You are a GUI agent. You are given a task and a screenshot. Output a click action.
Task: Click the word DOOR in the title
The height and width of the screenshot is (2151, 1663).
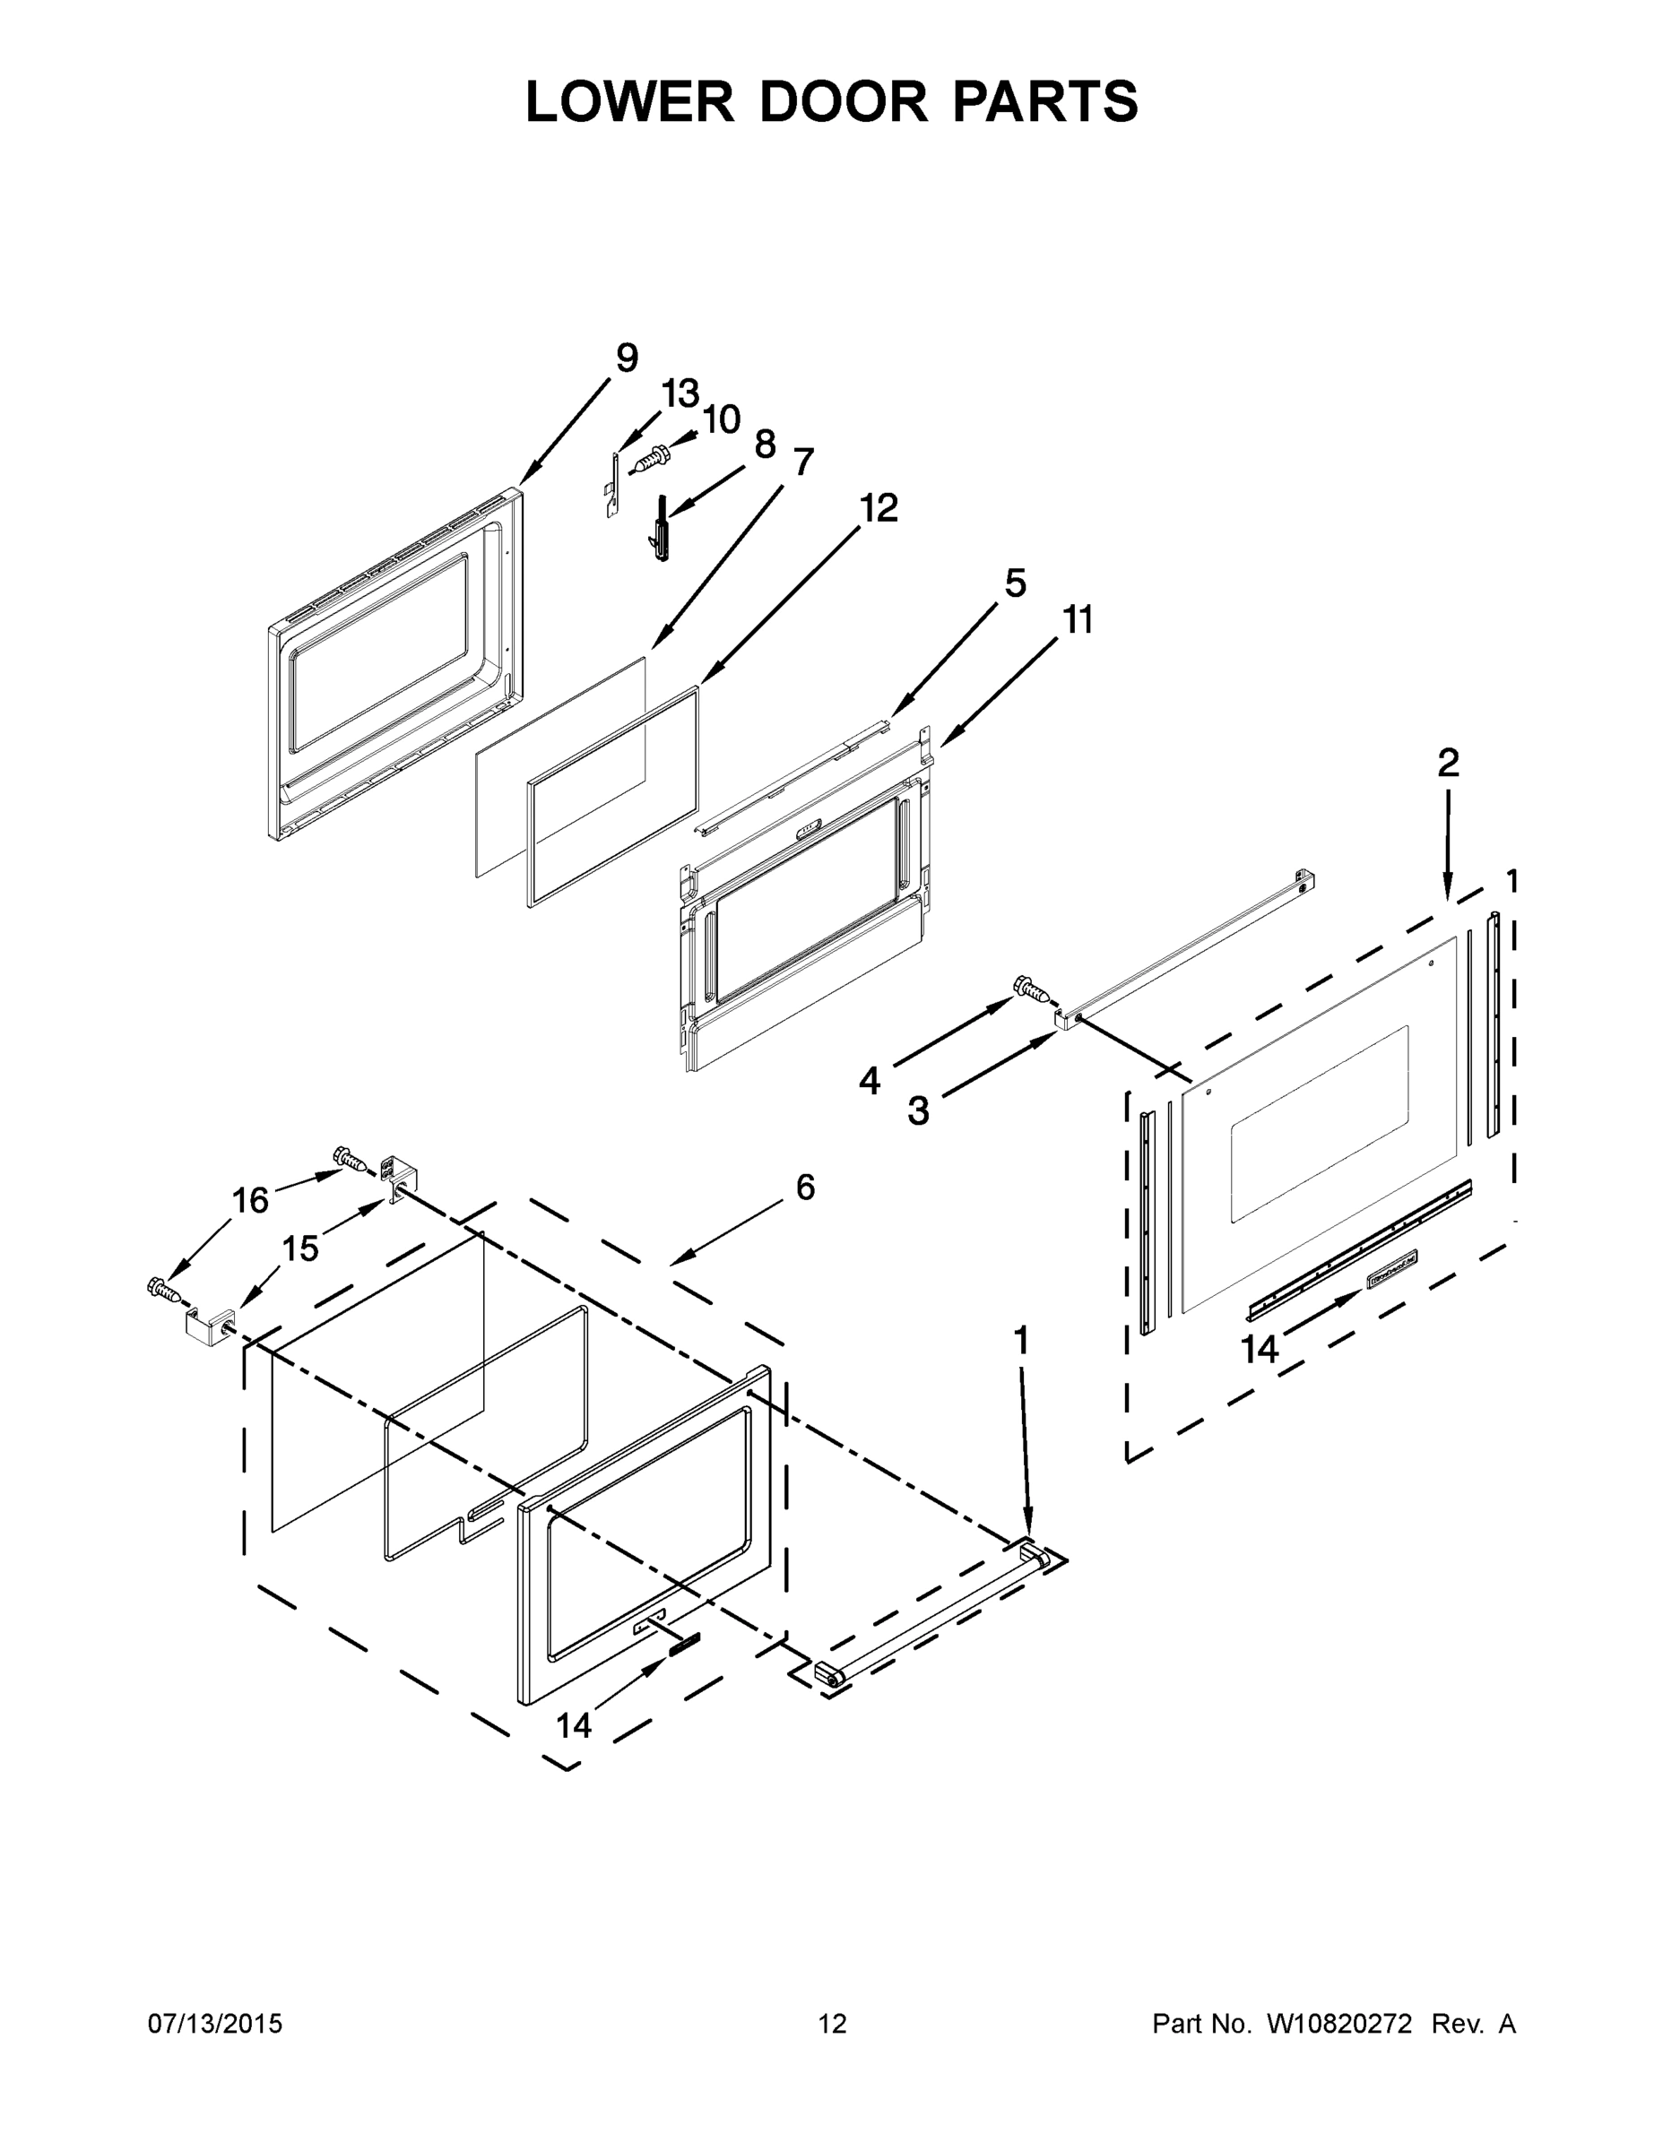point(843,101)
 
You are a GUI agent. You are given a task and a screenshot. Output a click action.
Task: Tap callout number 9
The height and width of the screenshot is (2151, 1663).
point(627,358)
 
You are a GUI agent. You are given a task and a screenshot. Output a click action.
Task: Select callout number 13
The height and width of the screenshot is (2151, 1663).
point(680,394)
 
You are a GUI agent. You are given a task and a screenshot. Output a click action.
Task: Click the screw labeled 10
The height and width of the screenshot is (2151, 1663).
point(651,458)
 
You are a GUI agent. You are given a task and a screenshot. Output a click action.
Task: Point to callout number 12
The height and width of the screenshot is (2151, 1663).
point(879,509)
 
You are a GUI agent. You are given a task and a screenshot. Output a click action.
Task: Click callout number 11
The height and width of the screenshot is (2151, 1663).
point(1078,620)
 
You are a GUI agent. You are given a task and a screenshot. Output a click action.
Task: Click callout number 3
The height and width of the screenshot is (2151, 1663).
point(917,1111)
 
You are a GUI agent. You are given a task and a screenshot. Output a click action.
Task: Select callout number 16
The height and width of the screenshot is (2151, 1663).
point(250,1201)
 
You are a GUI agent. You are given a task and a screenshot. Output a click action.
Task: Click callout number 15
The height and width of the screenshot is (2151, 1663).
point(300,1248)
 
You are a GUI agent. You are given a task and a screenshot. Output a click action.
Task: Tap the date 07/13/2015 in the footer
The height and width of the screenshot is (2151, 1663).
point(215,2024)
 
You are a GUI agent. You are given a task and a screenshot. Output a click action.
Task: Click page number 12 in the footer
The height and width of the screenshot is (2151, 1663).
point(833,2024)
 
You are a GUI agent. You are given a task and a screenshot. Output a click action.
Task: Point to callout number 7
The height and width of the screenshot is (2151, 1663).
point(803,462)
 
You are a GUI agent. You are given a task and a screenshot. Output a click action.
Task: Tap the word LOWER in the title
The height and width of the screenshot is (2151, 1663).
point(630,101)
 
